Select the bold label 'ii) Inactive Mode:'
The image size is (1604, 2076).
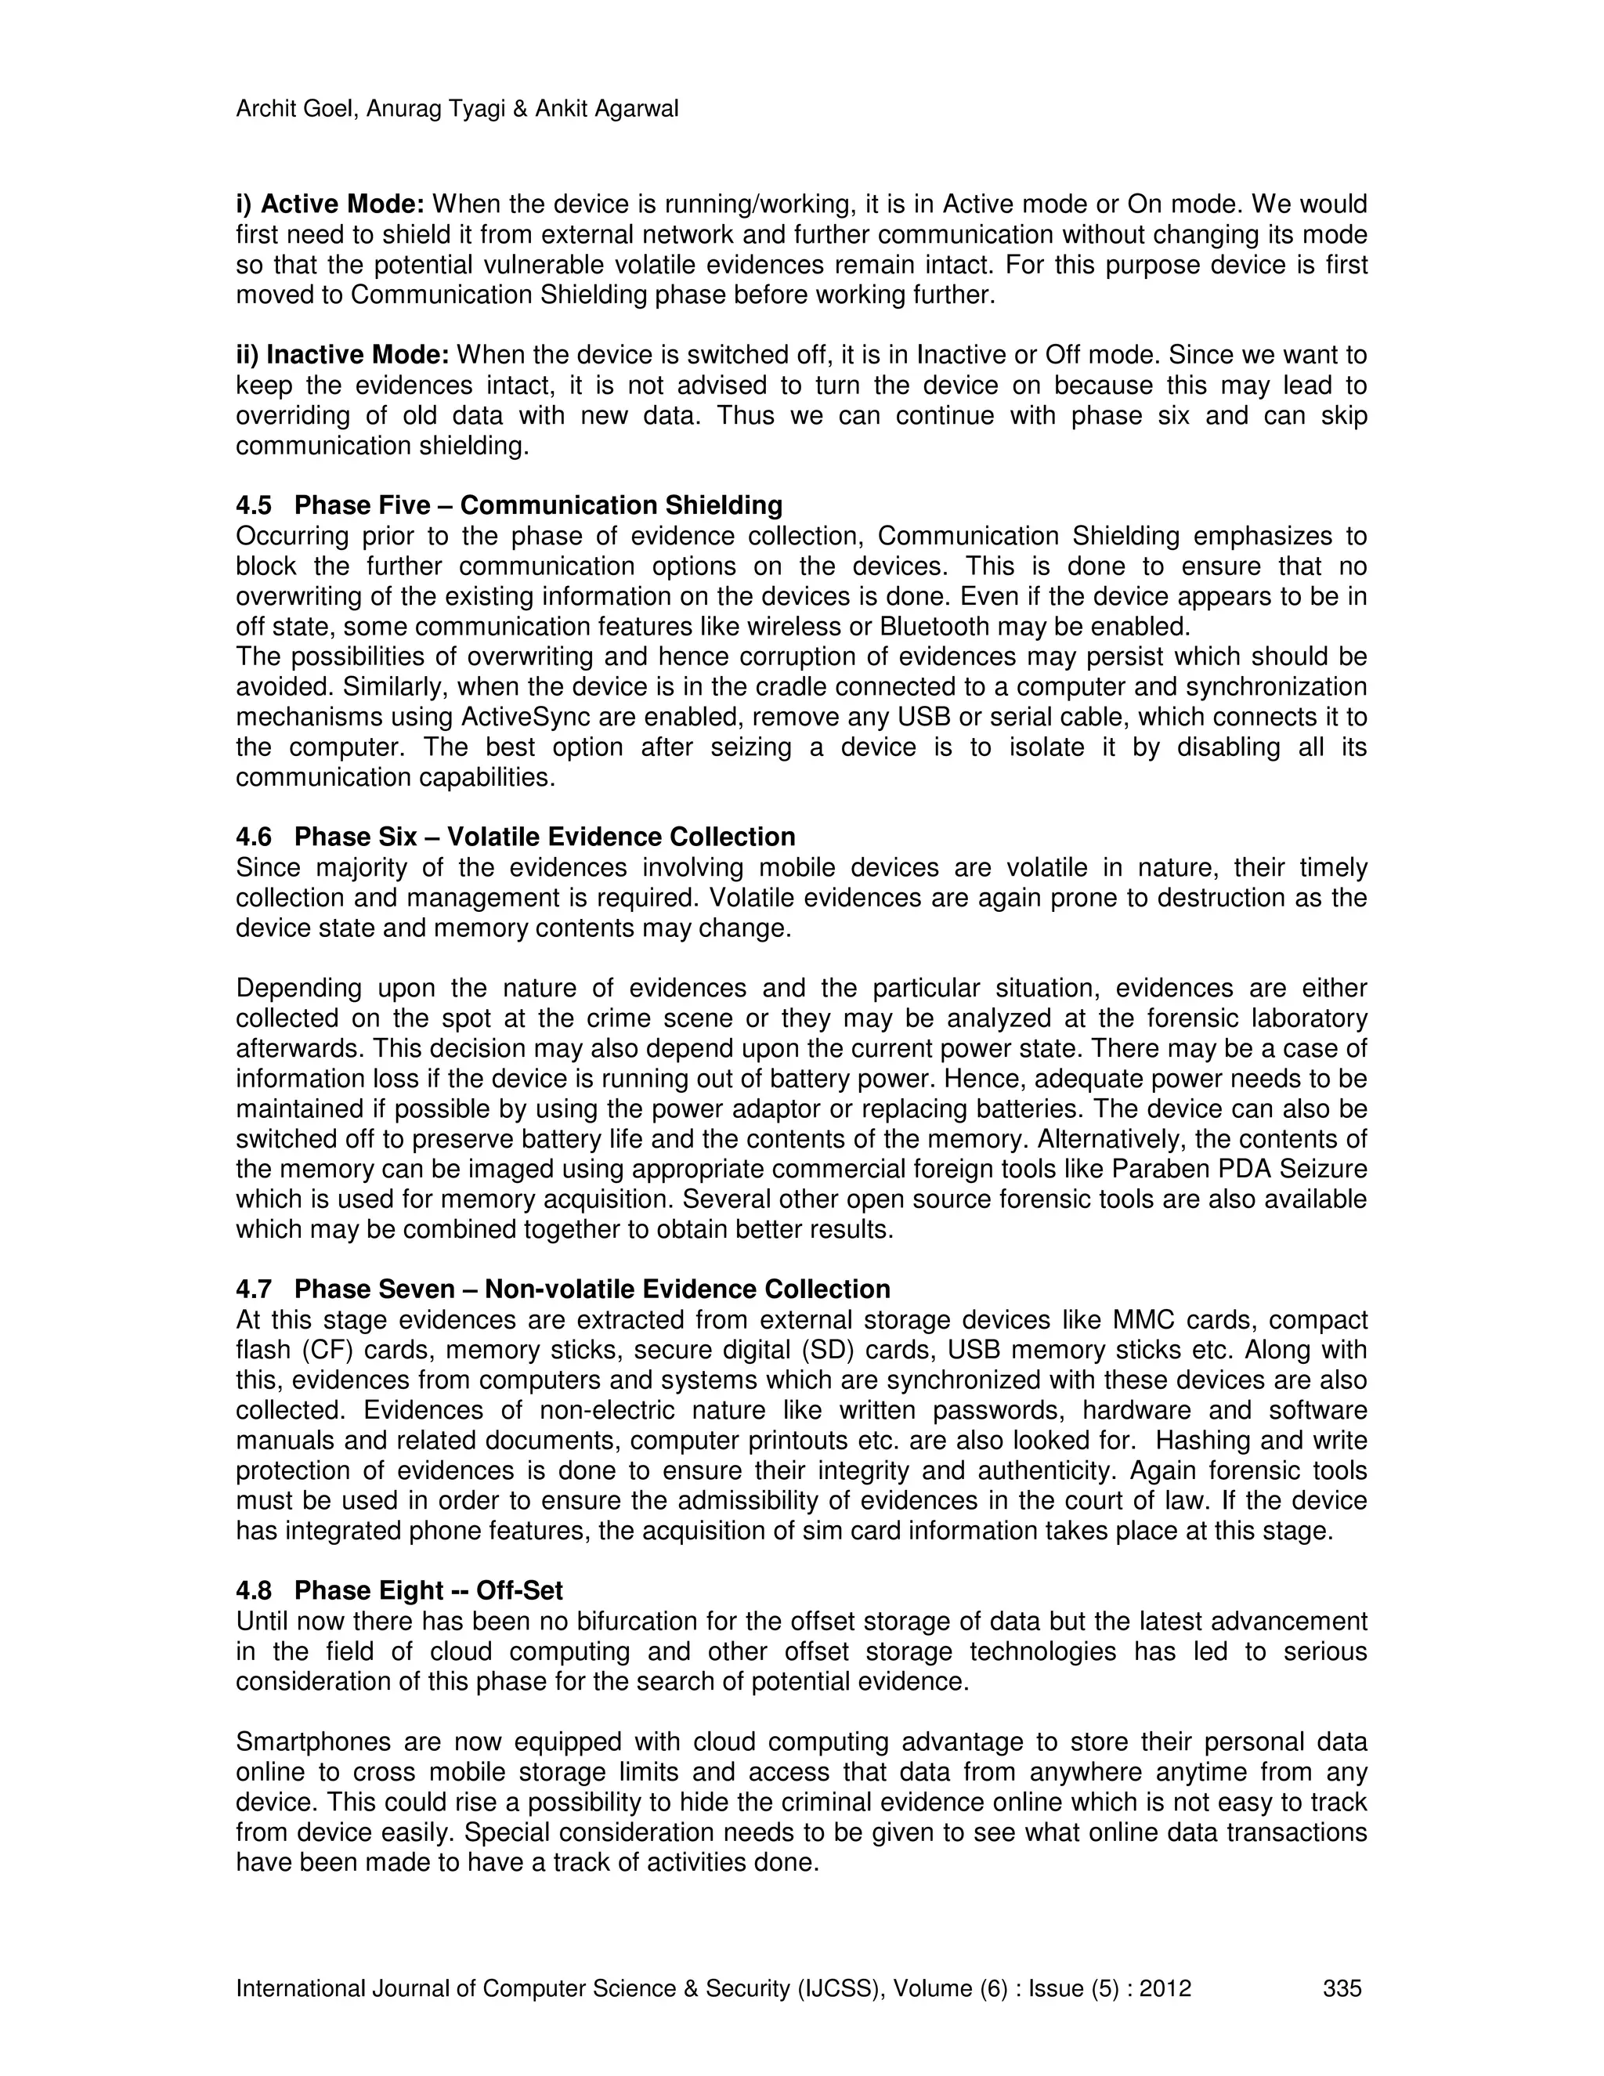[342, 356]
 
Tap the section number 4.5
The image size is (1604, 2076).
[254, 506]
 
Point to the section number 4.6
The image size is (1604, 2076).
[254, 837]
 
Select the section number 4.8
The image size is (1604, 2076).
[254, 1591]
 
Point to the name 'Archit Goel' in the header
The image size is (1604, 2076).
[295, 110]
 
